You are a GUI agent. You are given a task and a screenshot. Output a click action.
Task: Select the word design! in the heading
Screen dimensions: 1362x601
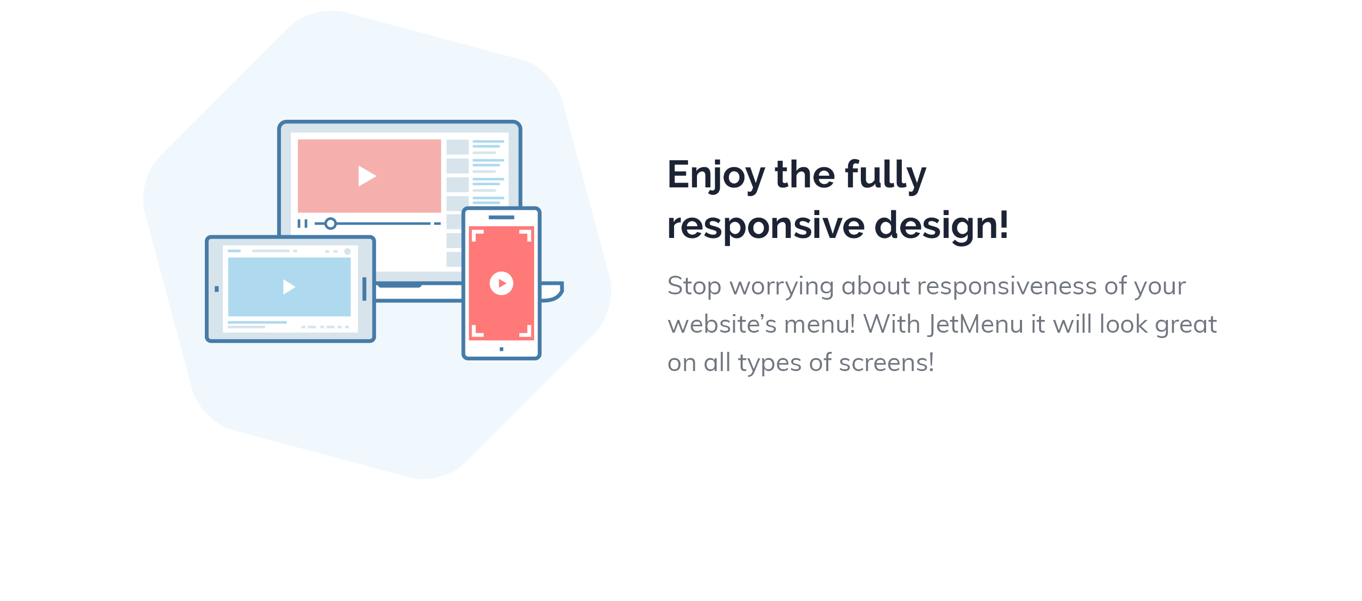click(941, 225)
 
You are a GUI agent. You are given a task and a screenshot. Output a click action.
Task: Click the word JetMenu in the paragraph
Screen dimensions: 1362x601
click(976, 324)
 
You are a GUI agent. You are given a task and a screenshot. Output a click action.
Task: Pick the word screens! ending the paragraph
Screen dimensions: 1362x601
click(886, 363)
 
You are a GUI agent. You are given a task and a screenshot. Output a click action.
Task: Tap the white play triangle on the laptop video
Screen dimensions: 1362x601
click(367, 176)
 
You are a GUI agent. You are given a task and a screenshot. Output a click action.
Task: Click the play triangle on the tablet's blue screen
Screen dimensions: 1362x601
click(289, 287)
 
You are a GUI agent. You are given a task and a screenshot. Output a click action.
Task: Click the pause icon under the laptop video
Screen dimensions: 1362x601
click(303, 224)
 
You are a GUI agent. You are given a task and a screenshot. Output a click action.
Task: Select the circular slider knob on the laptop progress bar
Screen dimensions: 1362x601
click(330, 224)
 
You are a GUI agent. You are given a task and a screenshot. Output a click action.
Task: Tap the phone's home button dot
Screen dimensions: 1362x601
click(501, 349)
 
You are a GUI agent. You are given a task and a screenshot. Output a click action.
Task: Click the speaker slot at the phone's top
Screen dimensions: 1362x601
click(501, 217)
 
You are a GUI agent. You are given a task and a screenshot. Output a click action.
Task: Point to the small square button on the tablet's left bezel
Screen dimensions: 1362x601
click(217, 289)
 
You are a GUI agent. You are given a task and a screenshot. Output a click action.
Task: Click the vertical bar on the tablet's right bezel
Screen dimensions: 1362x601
click(364, 289)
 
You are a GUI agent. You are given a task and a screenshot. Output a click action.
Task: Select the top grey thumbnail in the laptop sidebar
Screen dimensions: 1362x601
click(457, 147)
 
